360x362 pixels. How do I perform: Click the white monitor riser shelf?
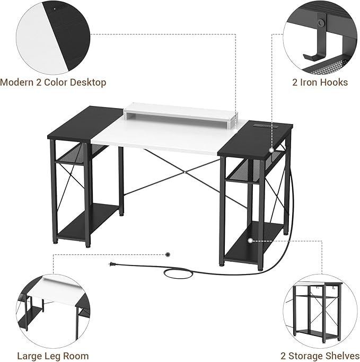pyautogui.click(x=181, y=113)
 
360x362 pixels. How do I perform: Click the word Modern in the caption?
pyautogui.click(x=17, y=83)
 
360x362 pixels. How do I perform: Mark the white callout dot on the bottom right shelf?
pyautogui.click(x=250, y=240)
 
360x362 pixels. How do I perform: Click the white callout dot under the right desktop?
pyautogui.click(x=271, y=150)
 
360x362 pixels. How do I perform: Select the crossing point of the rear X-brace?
pyautogui.click(x=185, y=172)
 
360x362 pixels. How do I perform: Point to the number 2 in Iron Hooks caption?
pyautogui.click(x=295, y=83)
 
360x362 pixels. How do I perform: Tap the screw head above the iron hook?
pyautogui.click(x=320, y=22)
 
